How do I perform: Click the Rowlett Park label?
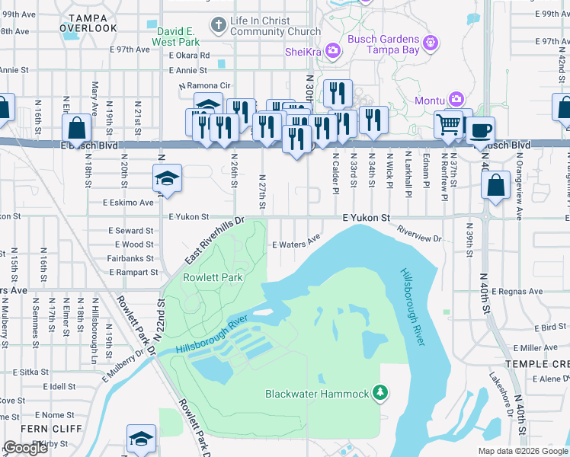tap(213, 277)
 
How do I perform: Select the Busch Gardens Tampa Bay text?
tap(383, 45)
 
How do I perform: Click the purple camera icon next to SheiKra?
tap(332, 51)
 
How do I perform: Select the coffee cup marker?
tap(480, 129)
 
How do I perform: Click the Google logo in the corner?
tap(25, 448)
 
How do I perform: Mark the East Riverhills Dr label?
tap(214, 241)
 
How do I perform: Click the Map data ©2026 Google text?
tap(521, 451)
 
